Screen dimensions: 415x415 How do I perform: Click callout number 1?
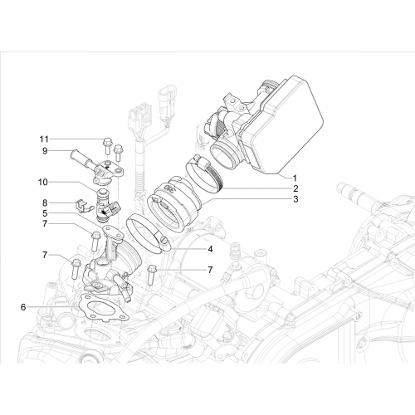(295, 178)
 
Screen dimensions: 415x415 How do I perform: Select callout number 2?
(295, 188)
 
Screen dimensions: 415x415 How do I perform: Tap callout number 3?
(295, 199)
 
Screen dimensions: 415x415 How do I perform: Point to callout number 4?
(210, 249)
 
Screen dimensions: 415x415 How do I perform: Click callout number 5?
(45, 213)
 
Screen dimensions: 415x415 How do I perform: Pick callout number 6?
(23, 307)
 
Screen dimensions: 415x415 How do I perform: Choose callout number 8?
(45, 203)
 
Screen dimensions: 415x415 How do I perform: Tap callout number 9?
(45, 151)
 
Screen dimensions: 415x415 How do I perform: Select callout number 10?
(43, 183)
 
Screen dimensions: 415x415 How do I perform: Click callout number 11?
(44, 139)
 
